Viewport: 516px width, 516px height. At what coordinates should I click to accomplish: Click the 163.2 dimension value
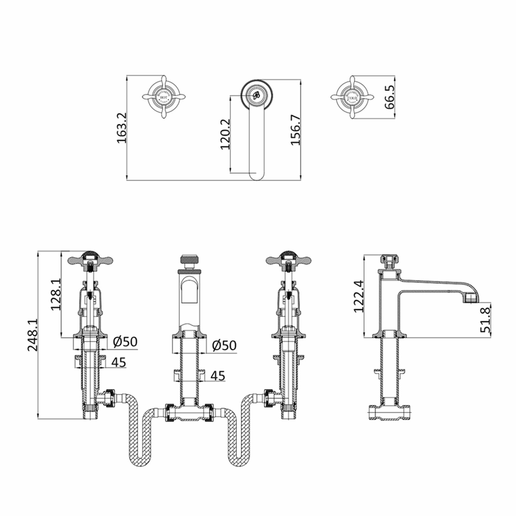coord(122,128)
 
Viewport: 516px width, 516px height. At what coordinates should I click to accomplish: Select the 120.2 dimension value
coord(225,134)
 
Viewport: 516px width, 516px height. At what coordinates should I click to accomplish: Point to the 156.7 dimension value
coord(296,130)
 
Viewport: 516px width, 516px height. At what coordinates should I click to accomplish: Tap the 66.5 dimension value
coord(390,97)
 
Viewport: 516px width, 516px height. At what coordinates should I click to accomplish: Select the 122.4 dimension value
coord(358,296)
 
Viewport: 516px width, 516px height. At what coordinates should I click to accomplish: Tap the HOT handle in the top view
coord(163,97)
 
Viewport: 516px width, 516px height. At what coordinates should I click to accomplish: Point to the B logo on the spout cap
coord(256,95)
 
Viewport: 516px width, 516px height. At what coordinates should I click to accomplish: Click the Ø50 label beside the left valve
coord(125,342)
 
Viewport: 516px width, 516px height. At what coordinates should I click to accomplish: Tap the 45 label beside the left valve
coord(119,362)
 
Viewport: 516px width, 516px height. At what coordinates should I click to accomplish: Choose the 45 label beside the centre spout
coord(218,376)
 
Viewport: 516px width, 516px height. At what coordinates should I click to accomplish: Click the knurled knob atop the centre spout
coord(190,260)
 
